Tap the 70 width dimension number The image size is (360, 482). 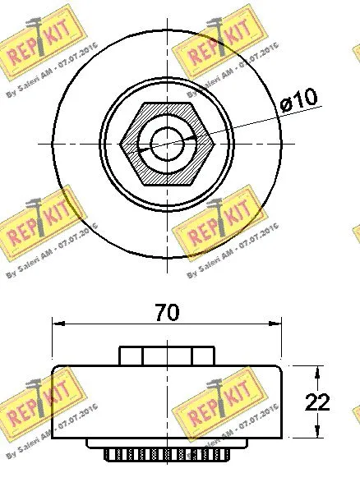167,313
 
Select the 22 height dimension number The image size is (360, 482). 317,402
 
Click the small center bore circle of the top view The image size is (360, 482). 167,143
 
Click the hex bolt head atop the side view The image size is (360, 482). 168,356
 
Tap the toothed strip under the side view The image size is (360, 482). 168,454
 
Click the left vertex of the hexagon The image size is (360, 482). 121,143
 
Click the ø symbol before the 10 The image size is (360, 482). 286,102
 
